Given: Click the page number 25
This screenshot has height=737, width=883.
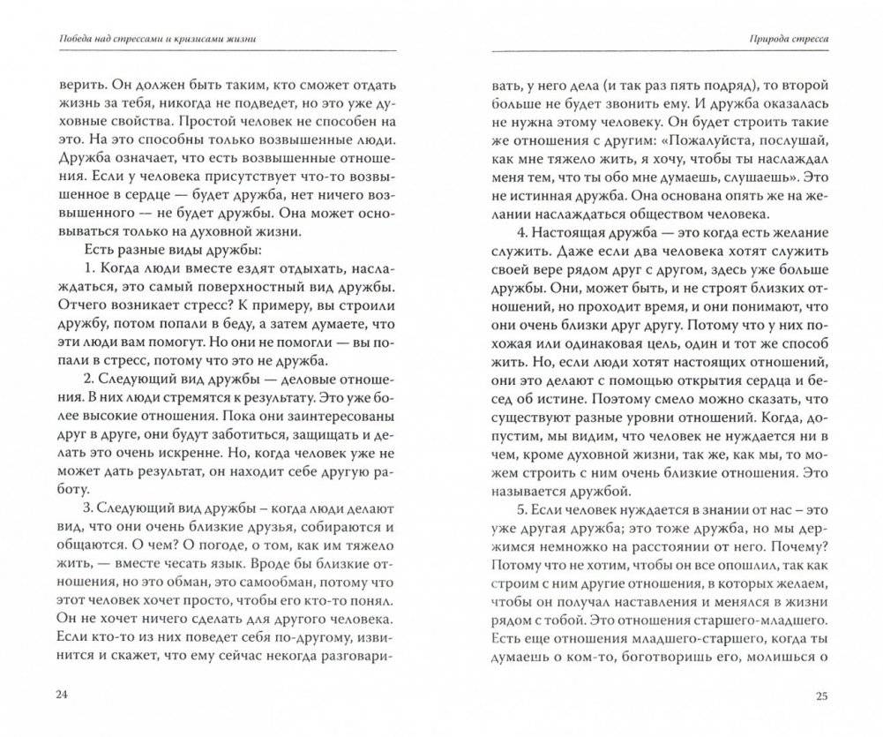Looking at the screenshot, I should (x=822, y=696).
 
